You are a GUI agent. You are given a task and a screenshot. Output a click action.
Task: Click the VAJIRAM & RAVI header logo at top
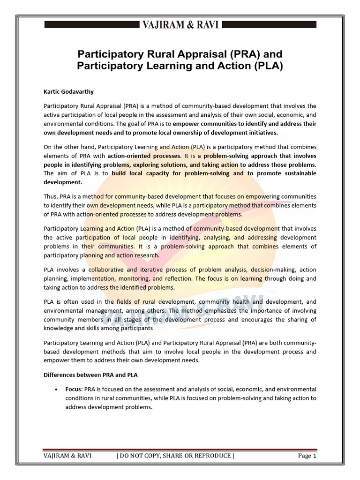pos(180,25)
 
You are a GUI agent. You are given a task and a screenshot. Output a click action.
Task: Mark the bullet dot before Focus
pos(56,390)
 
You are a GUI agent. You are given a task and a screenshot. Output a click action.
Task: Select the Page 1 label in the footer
pos(307,456)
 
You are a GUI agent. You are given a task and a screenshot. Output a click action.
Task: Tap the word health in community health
pos(242,302)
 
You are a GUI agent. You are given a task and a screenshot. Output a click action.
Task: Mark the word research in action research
pos(145,255)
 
